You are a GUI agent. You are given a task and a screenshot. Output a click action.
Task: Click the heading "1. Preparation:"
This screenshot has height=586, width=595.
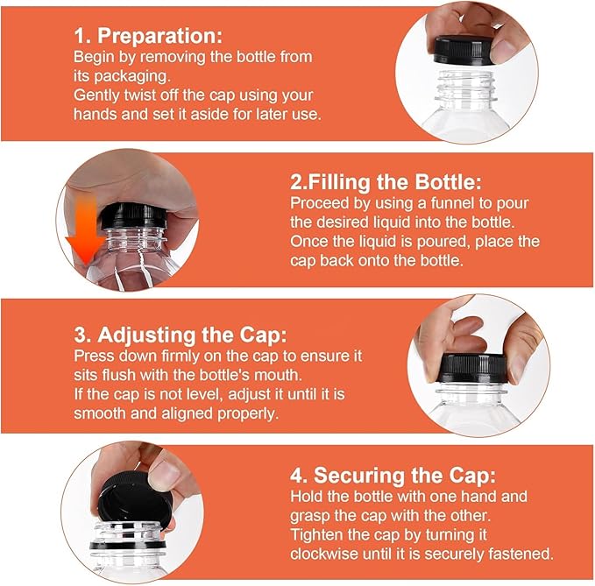pyautogui.click(x=147, y=37)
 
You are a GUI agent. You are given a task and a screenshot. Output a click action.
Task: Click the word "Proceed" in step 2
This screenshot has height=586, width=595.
pyautogui.click(x=320, y=203)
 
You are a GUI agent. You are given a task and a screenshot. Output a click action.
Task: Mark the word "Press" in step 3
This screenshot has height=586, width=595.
pyautogui.click(x=92, y=357)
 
